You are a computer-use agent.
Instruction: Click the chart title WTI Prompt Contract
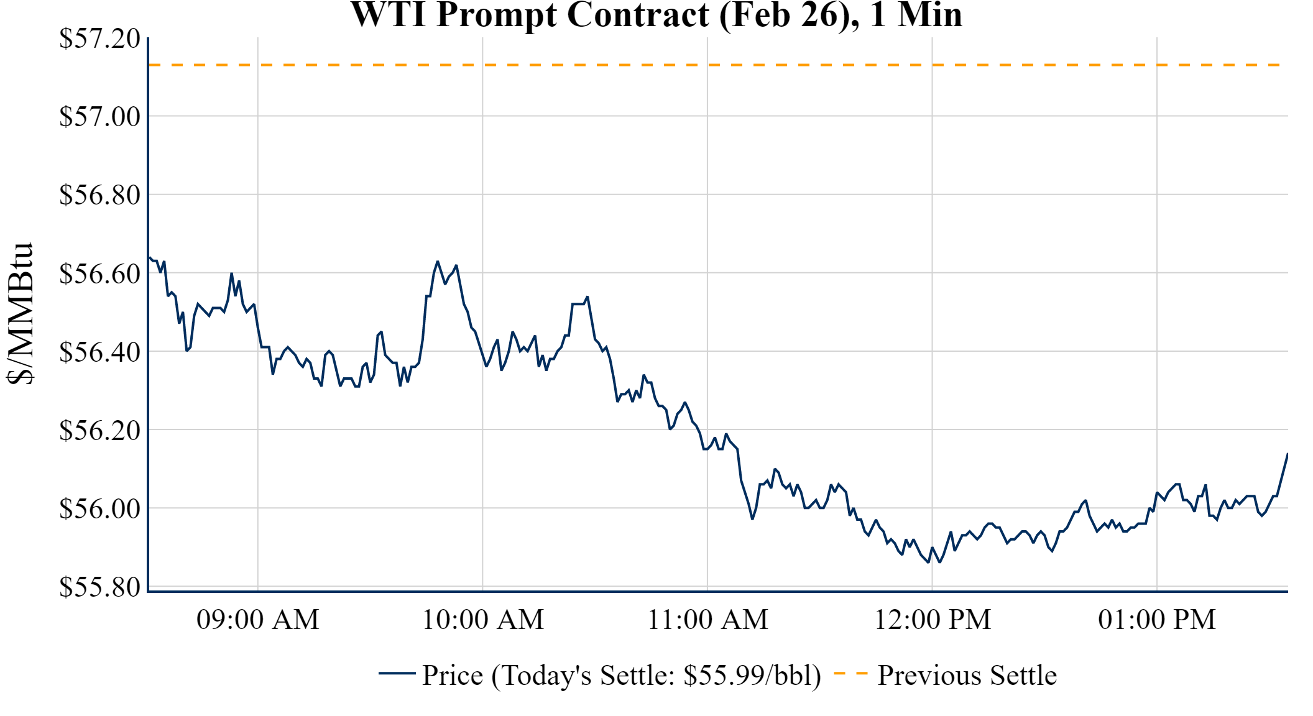(656, 15)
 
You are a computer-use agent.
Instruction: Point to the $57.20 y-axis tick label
(99, 39)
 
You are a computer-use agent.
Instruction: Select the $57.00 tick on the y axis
(99, 116)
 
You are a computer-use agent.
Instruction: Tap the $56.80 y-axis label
(99, 195)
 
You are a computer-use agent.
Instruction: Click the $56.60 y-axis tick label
(99, 273)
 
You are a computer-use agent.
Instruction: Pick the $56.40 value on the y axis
(99, 352)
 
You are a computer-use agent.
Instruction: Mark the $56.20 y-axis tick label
(99, 430)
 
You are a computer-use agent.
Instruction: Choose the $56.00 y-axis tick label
(99, 508)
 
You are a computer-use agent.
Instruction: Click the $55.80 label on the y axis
(99, 587)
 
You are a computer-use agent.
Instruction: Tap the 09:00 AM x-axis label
(258, 620)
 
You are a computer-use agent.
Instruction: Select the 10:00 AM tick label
(483, 620)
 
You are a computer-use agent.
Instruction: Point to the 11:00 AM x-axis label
(707, 620)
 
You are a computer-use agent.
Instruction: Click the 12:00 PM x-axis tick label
(933, 620)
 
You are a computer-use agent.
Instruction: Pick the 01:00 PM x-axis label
(1157, 620)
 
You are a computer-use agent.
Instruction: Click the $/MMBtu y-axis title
(20, 313)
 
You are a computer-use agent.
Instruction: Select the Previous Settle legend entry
(967, 676)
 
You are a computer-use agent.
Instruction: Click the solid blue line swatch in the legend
(397, 673)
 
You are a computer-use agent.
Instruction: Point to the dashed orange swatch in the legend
(850, 673)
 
